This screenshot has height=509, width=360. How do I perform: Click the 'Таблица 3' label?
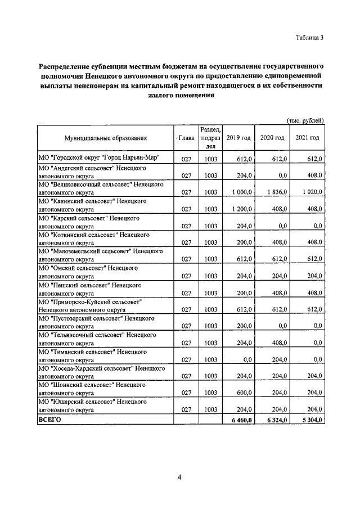[309, 38]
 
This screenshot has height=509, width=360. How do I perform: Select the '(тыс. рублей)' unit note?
[305, 120]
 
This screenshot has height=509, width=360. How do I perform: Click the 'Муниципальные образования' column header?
[106, 138]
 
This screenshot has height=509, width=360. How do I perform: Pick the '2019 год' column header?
[238, 138]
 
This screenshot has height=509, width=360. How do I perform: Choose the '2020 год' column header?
[272, 138]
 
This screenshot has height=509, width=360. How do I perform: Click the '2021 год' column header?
[307, 138]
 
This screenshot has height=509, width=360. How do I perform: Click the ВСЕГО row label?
[49, 420]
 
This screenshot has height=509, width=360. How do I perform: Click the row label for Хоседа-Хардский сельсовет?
[101, 373]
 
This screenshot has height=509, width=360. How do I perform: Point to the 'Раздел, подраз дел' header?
[210, 138]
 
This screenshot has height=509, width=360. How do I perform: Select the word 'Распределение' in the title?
[65, 66]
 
